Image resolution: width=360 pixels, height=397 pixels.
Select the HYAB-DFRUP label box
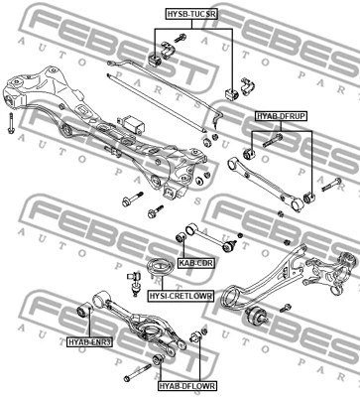[x=281, y=116]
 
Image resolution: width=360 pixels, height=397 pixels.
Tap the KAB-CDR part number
[x=196, y=263]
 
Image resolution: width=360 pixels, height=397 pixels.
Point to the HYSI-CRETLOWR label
[x=180, y=296]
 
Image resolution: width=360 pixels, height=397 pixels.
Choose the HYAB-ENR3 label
[x=89, y=342]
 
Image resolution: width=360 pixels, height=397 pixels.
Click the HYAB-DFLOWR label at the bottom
[x=187, y=386]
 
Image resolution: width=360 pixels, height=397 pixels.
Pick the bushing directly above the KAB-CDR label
[x=180, y=237]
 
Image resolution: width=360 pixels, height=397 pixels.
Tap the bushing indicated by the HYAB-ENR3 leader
[x=84, y=310]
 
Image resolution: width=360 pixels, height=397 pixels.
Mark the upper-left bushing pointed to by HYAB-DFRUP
[x=249, y=154]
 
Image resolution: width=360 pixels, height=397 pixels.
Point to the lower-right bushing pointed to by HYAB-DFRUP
[x=309, y=198]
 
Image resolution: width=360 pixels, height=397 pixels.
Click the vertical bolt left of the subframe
[x=11, y=123]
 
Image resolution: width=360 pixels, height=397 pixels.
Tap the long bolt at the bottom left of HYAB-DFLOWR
[x=138, y=372]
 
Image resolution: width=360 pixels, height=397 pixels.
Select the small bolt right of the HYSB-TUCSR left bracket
[x=179, y=38]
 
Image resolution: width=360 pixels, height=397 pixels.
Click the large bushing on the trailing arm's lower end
[x=257, y=316]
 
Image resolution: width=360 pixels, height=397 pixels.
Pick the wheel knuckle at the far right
[x=330, y=270]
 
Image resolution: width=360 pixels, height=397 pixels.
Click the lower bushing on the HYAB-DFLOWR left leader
[x=158, y=359]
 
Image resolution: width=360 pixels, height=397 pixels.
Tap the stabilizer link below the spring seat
[x=134, y=283]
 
